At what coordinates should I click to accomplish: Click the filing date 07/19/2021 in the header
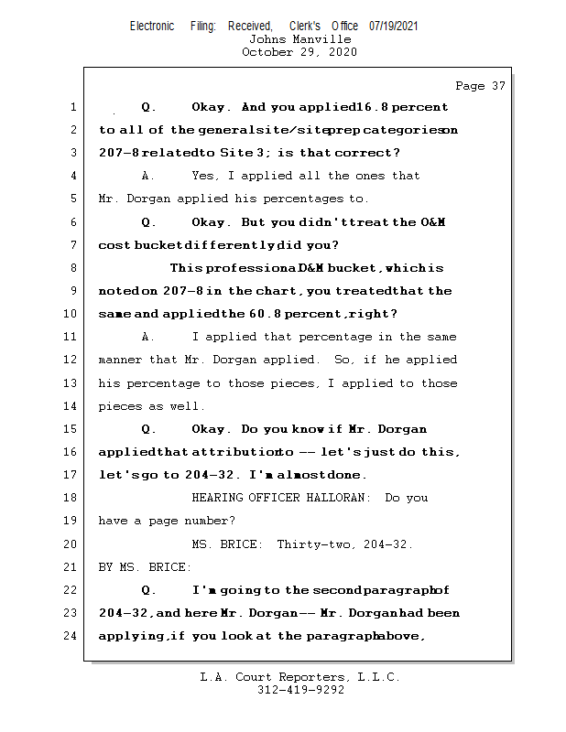tap(393, 27)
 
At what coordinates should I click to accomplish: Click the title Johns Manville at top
tap(299, 39)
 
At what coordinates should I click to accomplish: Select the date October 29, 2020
tap(299, 52)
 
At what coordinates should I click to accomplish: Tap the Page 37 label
tap(480, 86)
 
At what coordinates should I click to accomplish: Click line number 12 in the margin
tap(72, 360)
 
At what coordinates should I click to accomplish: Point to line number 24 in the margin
tap(72, 635)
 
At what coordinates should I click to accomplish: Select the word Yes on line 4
tap(204, 176)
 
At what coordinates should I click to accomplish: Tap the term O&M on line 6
tap(432, 222)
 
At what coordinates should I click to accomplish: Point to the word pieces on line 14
tap(119, 406)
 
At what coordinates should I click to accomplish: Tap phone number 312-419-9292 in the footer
tap(300, 690)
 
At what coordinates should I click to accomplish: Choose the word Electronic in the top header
tap(152, 27)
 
